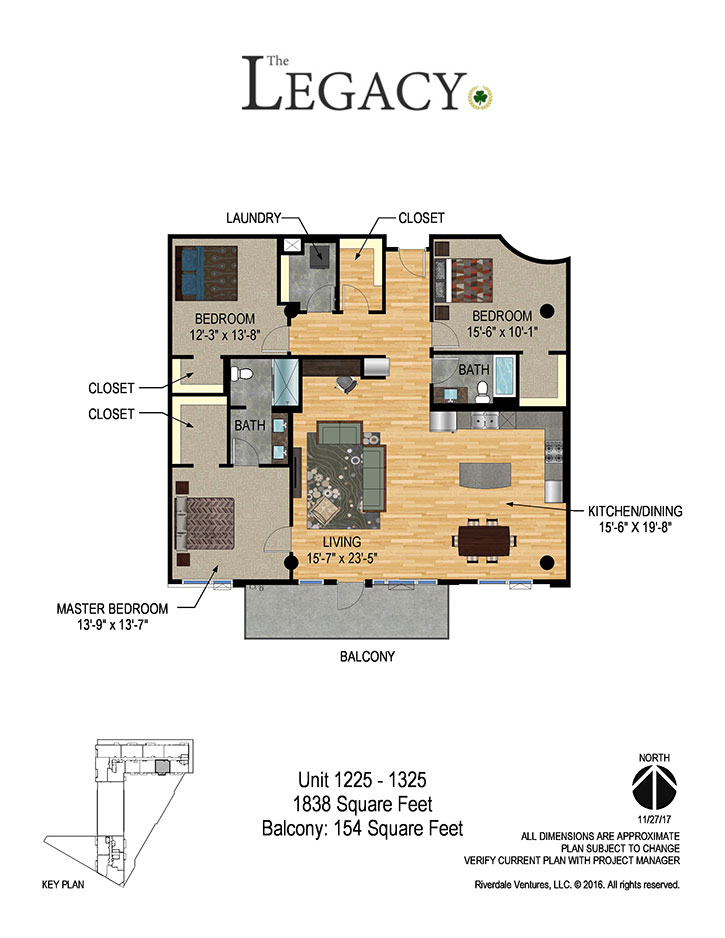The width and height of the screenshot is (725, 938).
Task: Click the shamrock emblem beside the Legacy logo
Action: (480, 96)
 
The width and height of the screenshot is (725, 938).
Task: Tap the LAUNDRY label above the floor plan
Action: (253, 218)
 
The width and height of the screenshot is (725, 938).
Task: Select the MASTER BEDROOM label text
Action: (112, 609)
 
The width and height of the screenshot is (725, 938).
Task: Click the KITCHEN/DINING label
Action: (635, 511)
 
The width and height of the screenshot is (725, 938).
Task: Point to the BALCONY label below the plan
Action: (367, 656)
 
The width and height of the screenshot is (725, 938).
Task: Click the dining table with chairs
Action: (484, 540)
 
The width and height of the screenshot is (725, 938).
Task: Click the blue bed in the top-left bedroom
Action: (206, 274)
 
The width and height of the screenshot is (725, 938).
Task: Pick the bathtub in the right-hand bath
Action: (504, 376)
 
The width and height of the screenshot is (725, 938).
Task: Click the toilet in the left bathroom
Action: (242, 374)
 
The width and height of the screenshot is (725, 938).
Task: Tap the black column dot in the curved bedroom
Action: (547, 311)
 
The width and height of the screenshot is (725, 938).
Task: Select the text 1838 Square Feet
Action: (362, 804)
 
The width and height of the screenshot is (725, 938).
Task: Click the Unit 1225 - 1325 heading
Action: (362, 780)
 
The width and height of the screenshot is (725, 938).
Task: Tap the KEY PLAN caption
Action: (63, 885)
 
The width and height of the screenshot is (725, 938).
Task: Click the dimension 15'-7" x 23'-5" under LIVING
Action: (342, 559)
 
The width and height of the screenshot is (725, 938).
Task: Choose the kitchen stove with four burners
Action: (554, 452)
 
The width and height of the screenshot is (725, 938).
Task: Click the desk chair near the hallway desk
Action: (346, 384)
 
